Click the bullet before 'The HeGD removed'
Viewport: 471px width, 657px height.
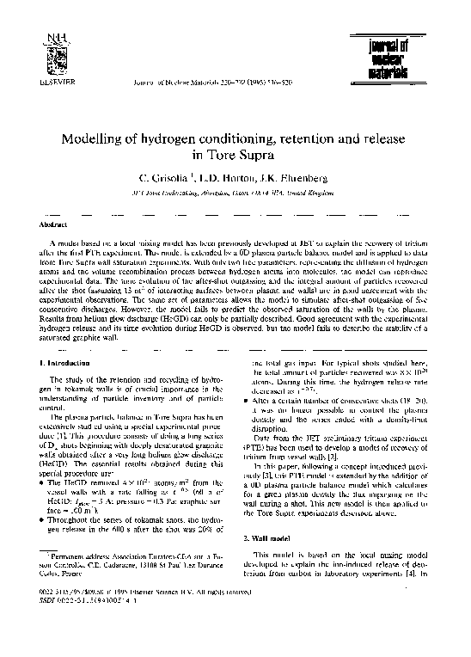click(45, 485)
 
